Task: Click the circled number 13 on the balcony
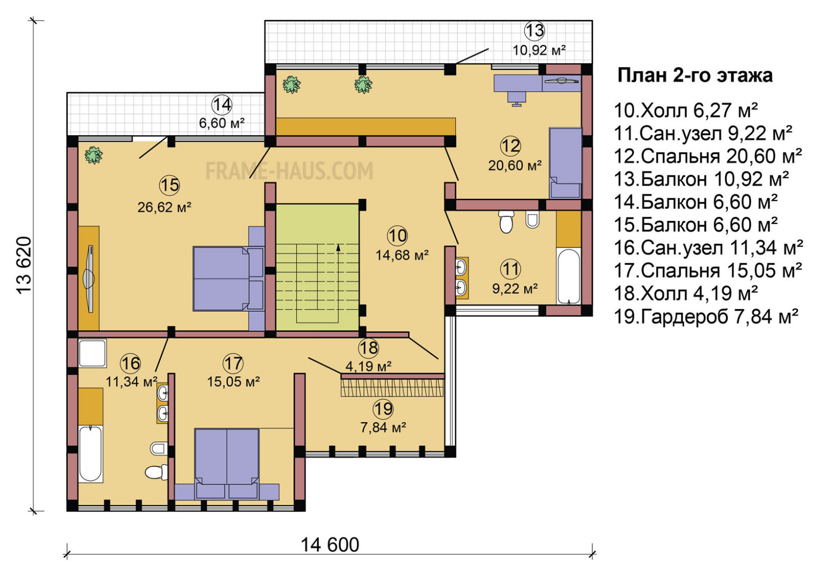pos(534,31)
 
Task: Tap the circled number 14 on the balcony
pos(222,105)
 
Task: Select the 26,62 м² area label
pos(164,207)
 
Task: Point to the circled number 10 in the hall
pos(397,236)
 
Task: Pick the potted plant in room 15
pos(94,155)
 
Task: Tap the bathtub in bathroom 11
pos(568,276)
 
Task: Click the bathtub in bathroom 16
pos(90,454)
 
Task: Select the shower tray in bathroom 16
pos(93,353)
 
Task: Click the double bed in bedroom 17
pos(227,463)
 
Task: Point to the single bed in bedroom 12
pos(565,163)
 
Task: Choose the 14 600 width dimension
pos(330,545)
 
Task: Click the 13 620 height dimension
pos(24,265)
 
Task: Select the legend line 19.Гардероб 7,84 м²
pos(706,316)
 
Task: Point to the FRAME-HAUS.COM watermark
pos(289,171)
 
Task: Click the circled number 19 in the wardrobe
pos(383,409)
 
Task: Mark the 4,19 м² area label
pos(369,365)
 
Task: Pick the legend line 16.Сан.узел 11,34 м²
pos(709,248)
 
